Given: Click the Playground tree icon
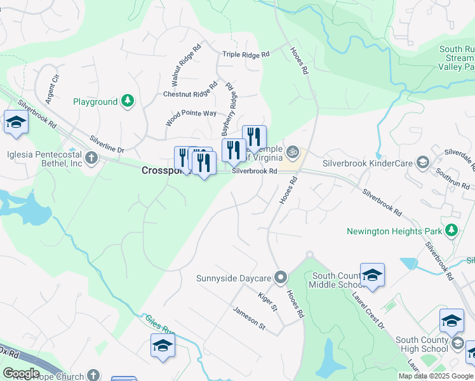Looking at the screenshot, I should (128, 101).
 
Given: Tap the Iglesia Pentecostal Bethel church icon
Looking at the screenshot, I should (91, 157).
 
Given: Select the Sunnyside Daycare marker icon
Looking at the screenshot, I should (281, 277).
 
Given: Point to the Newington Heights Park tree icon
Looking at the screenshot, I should (452, 231).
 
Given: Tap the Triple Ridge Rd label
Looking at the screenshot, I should (246, 55).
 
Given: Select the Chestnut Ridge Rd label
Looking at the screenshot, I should (191, 93).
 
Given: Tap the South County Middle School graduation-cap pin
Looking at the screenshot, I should (372, 275).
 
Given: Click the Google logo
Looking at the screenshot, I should (22, 373).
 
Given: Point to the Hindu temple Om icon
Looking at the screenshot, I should (293, 152).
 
